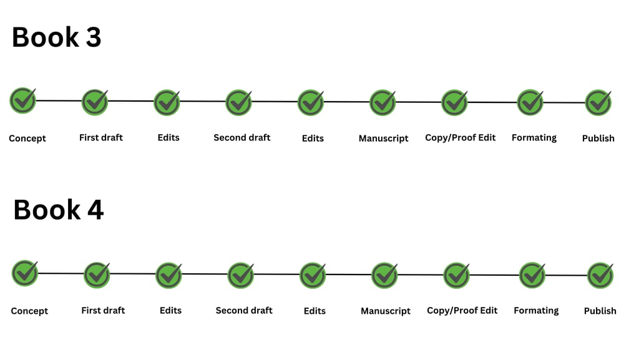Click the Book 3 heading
tap(56, 37)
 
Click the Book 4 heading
tap(58, 210)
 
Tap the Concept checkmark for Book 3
tap(23, 100)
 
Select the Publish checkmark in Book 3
tap(598, 102)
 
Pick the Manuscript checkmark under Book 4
tap(385, 275)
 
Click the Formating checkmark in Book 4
tap(532, 275)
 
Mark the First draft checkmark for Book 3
tap(95, 102)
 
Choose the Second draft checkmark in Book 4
tap(241, 275)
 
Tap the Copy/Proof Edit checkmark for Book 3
tap(454, 102)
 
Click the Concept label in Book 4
tap(29, 311)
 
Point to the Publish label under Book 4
tap(600, 311)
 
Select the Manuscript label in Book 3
tap(383, 139)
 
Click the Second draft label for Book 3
tap(242, 137)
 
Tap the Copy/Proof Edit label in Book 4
tap(462, 310)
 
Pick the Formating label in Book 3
tap(534, 137)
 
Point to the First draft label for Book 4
tap(103, 310)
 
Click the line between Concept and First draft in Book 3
tap(59, 100)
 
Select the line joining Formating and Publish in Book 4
tap(566, 275)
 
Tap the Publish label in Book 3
tap(598, 139)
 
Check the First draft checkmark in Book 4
tap(97, 275)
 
